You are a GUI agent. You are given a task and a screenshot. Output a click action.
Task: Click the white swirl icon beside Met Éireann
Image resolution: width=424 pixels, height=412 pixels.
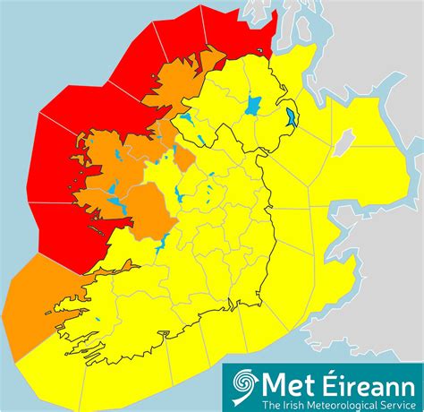pyautogui.click(x=242, y=386)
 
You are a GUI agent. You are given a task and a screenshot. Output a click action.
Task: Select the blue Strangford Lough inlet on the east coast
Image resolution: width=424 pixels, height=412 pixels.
pyautogui.click(x=293, y=116)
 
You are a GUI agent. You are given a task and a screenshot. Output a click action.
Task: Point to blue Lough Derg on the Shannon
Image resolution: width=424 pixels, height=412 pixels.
pyautogui.click(x=165, y=245)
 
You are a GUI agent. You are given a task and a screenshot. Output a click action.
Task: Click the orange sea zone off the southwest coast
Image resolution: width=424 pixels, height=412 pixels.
pyautogui.click(x=31, y=305)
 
